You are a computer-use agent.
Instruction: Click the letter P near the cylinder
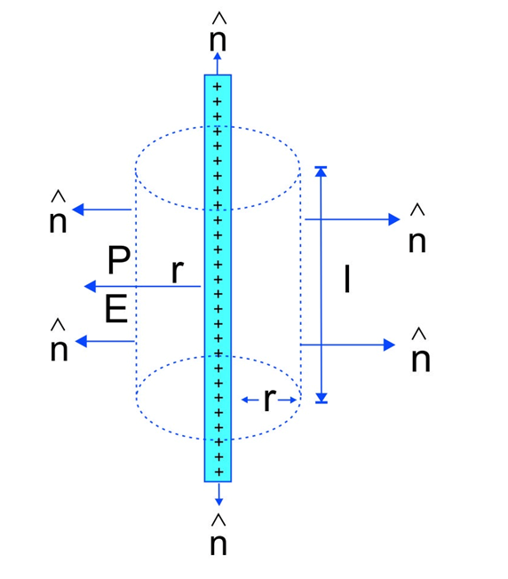point(119,260)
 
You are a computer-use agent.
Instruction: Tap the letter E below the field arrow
point(116,309)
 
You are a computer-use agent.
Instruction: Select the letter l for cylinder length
point(346,279)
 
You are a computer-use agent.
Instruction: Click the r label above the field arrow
point(178,271)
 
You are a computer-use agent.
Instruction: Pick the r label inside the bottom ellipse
point(270,399)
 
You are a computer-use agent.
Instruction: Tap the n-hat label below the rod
point(218,535)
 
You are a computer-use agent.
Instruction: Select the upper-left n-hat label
point(58,212)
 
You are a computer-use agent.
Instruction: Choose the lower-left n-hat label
point(60,340)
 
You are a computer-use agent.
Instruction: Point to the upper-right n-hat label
point(417,228)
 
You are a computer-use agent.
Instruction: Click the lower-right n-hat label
point(420,350)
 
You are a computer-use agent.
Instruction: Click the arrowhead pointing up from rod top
point(218,57)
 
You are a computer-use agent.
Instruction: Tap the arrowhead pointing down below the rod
point(218,501)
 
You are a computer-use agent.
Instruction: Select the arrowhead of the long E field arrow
point(90,286)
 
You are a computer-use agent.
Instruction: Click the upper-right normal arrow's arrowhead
point(394,219)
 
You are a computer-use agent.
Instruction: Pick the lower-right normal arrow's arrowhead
point(390,345)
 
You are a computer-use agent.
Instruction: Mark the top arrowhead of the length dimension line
point(321,171)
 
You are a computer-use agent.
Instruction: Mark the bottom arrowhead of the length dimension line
point(321,398)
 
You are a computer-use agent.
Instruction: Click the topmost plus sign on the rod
point(217,87)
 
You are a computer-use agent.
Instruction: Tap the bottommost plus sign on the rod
point(218,472)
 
